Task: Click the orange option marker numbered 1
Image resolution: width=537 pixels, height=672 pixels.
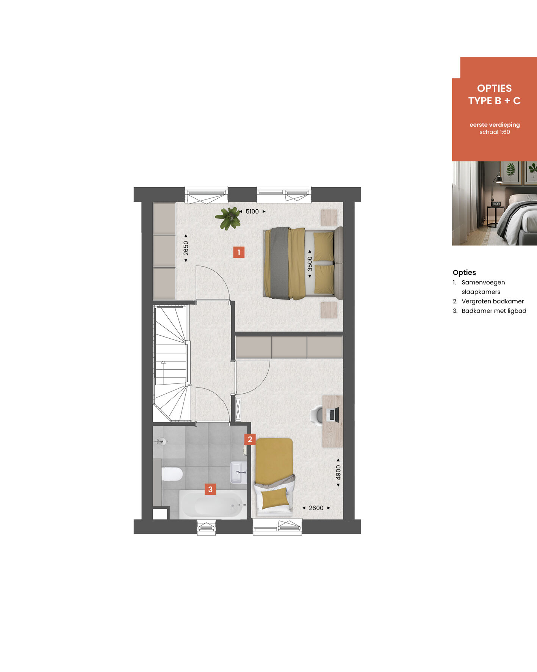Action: [x=239, y=252]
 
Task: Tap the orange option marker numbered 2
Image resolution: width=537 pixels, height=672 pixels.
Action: [x=250, y=440]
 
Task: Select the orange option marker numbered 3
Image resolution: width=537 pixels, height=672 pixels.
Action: [x=210, y=489]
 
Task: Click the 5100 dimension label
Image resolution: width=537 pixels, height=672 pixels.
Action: [x=252, y=212]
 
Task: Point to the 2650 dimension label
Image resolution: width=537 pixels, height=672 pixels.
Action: [x=186, y=248]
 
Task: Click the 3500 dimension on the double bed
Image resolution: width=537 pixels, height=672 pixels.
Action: [x=310, y=264]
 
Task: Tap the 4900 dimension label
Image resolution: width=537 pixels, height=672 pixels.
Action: [x=338, y=473]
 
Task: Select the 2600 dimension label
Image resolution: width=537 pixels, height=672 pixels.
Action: [x=316, y=508]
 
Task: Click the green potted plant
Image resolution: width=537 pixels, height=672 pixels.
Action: [x=229, y=218]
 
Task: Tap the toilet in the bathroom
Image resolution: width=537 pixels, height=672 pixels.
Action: [x=172, y=474]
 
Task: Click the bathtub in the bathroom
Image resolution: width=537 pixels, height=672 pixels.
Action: [x=213, y=505]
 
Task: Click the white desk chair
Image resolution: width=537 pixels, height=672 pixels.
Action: [x=316, y=415]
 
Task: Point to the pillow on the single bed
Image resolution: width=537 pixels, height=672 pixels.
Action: [x=276, y=498]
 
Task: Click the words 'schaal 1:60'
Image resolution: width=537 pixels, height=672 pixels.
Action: [x=495, y=132]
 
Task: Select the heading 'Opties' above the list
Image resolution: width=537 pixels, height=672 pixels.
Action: [x=464, y=272]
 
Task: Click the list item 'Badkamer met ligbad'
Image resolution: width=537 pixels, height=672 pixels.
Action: [x=494, y=311]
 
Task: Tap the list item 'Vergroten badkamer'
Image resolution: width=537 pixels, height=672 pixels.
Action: [x=493, y=301]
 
